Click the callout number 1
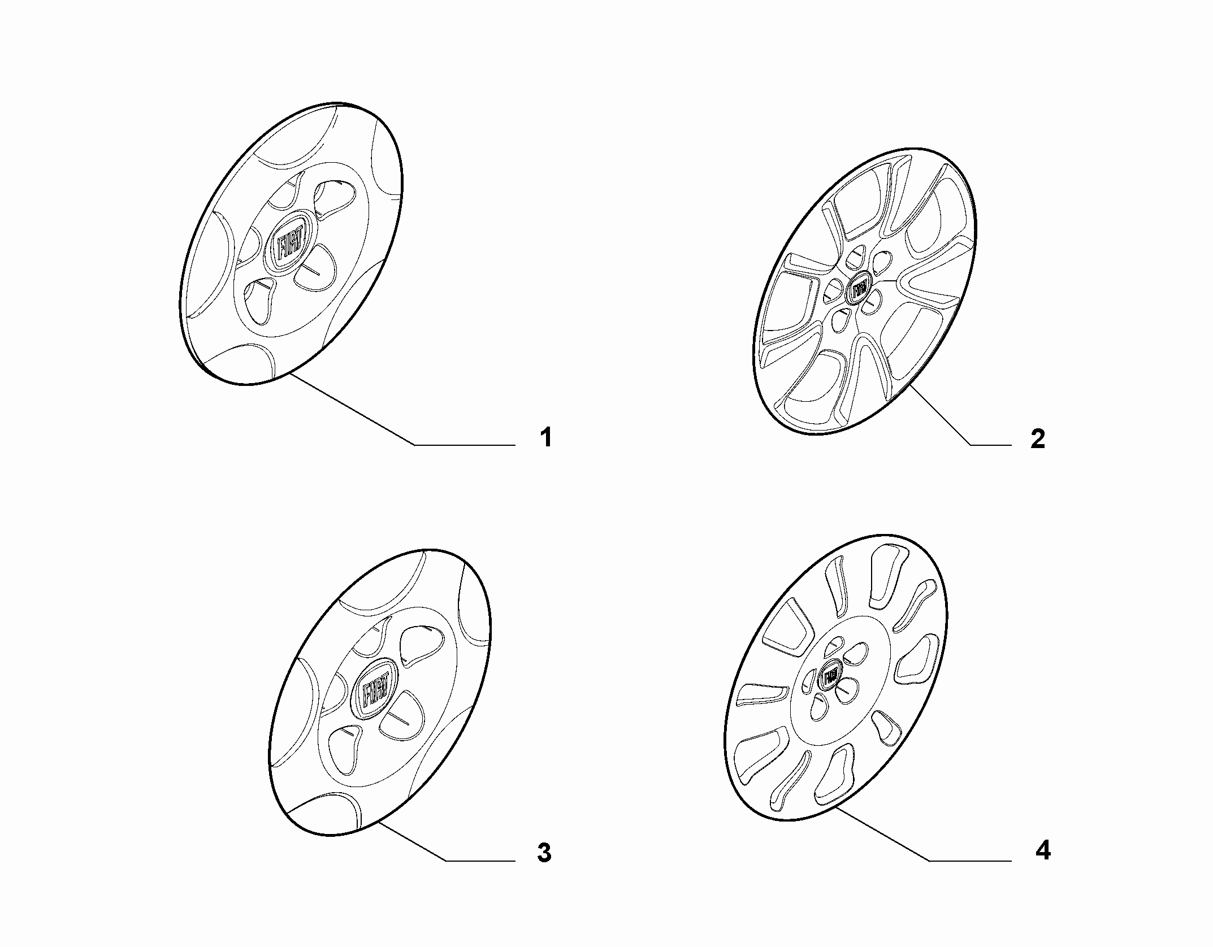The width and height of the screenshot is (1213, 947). point(545,438)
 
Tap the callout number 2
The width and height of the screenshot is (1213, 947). point(1038,439)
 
